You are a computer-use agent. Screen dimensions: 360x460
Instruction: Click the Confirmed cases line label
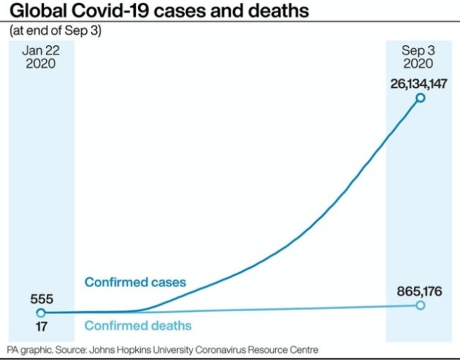tap(135, 282)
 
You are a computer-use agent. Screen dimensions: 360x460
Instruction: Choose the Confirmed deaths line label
tap(138, 326)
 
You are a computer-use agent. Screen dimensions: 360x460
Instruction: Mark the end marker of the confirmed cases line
tap(420, 98)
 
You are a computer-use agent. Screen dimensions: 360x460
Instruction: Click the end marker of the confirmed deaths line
tap(420, 305)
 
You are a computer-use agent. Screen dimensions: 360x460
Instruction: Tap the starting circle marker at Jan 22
tap(40, 312)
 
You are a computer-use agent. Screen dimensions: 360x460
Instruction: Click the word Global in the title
tap(36, 12)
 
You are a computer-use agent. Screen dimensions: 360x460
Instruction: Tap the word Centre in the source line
tap(304, 350)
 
